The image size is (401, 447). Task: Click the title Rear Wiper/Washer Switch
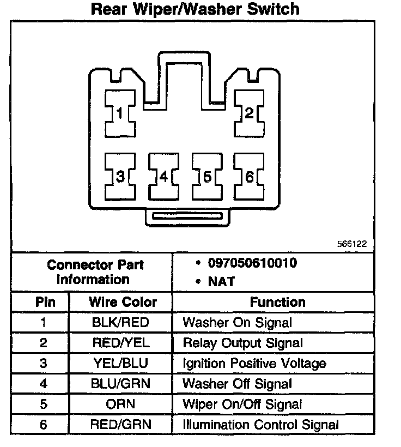195,9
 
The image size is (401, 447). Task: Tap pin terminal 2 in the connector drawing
248,113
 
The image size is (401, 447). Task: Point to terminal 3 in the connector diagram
120,177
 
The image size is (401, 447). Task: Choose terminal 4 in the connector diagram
163,177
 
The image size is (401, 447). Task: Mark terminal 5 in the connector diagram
206,177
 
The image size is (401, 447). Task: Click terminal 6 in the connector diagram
248,177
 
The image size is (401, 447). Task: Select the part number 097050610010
252,263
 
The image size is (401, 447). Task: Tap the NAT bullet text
221,282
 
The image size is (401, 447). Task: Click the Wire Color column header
123,302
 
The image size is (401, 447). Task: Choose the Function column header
277,302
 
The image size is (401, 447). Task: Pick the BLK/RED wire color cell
120,322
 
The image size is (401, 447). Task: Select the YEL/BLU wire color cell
120,363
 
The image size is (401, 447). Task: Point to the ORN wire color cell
120,404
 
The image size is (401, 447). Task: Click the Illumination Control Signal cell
260,424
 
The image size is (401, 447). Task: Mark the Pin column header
43,302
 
